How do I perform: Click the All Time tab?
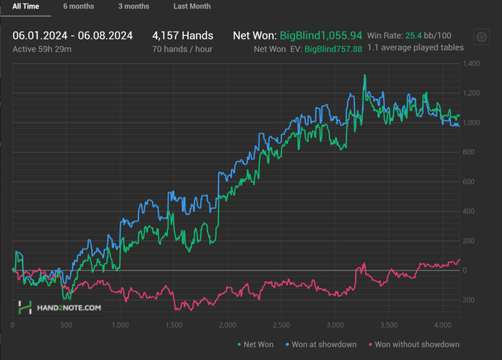pos(26,6)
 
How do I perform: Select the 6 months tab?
pos(78,6)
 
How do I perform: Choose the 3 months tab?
pos(133,6)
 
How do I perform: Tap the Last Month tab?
pos(192,6)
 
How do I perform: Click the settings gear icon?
pos(482,37)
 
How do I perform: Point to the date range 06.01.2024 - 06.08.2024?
pos(72,35)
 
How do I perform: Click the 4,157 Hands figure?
pos(182,35)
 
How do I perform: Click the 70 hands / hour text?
pos(182,49)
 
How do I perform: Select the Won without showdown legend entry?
pos(412,344)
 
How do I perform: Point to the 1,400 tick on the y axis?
pos(470,65)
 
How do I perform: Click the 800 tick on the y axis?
pos(468,152)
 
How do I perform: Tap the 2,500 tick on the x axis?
pos(281,324)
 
